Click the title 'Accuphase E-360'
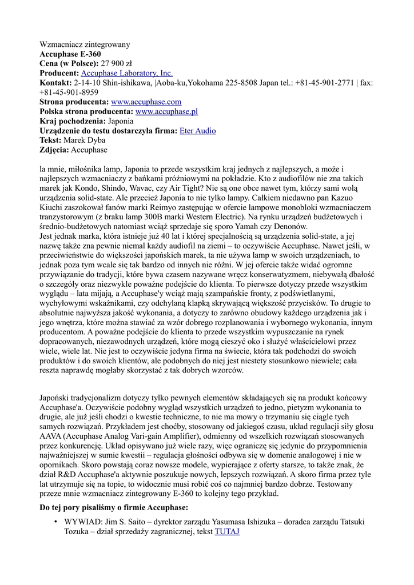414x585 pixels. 70,54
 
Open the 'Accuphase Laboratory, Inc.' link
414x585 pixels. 126,73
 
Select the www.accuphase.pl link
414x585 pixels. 166,111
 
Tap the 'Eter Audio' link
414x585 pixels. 198,131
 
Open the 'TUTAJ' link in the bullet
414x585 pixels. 226,531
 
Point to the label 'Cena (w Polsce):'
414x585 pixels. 69,63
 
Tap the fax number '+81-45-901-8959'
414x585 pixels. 69,92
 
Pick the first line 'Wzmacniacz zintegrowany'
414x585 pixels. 85,44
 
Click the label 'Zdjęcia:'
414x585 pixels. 54,150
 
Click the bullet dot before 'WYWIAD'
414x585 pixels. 55,522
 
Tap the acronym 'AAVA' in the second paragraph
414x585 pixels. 51,436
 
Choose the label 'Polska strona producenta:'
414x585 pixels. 86,111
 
